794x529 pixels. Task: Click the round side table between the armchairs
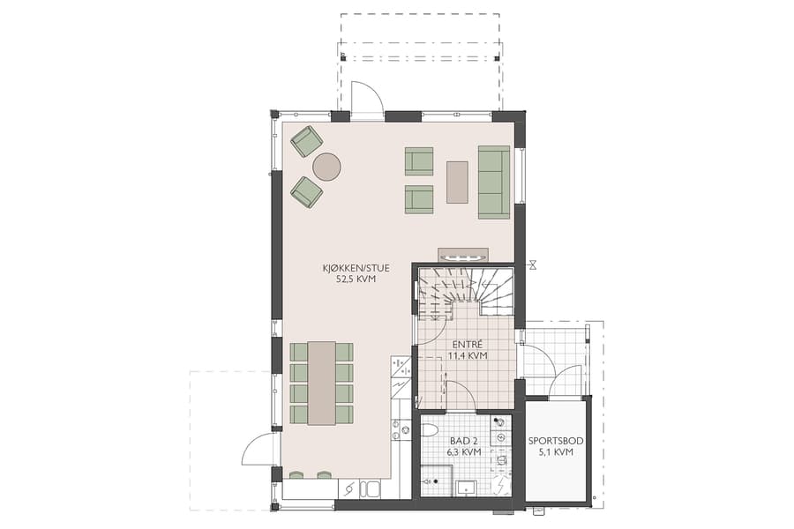(x=327, y=167)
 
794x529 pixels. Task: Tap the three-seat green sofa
(x=494, y=182)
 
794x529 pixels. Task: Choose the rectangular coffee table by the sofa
(x=458, y=181)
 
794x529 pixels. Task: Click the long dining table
(x=321, y=383)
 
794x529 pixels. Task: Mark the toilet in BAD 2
(x=430, y=430)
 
